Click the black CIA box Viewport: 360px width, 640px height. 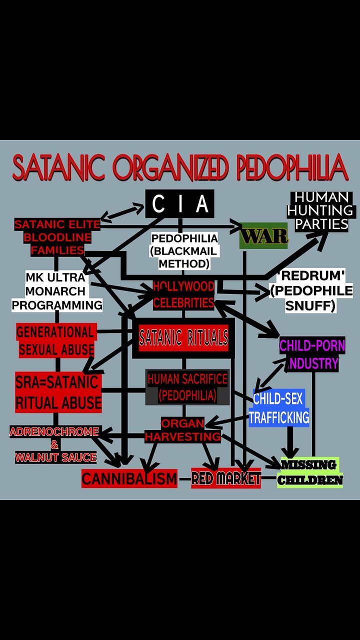179,203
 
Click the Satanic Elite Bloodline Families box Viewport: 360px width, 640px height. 56,237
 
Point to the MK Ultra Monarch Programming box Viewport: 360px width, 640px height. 56,290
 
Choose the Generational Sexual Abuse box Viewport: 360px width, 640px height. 56,340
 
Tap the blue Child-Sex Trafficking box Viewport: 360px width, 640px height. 278,408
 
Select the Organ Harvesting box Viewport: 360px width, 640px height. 182,430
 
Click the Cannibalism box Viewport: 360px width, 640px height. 129,478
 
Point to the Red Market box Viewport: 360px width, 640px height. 226,478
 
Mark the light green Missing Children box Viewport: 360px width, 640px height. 310,472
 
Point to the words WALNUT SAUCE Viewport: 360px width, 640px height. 55,457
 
